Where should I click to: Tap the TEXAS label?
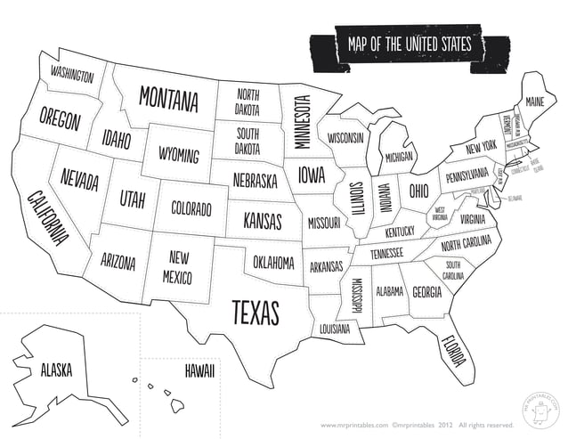pyautogui.click(x=256, y=312)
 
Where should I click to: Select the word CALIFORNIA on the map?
pyautogui.click(x=48, y=217)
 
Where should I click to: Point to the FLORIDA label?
pyautogui.click(x=452, y=350)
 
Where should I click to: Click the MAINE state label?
pyautogui.click(x=534, y=102)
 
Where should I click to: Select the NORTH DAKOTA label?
pyautogui.click(x=247, y=102)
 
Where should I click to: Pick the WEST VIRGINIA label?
pyautogui.click(x=440, y=214)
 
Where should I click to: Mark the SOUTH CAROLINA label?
pyautogui.click(x=453, y=271)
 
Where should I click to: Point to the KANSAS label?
pyautogui.click(x=262, y=219)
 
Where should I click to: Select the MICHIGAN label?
pyautogui.click(x=399, y=157)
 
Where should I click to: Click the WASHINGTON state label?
pyautogui.click(x=71, y=74)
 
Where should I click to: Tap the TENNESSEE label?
pyautogui.click(x=386, y=253)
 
